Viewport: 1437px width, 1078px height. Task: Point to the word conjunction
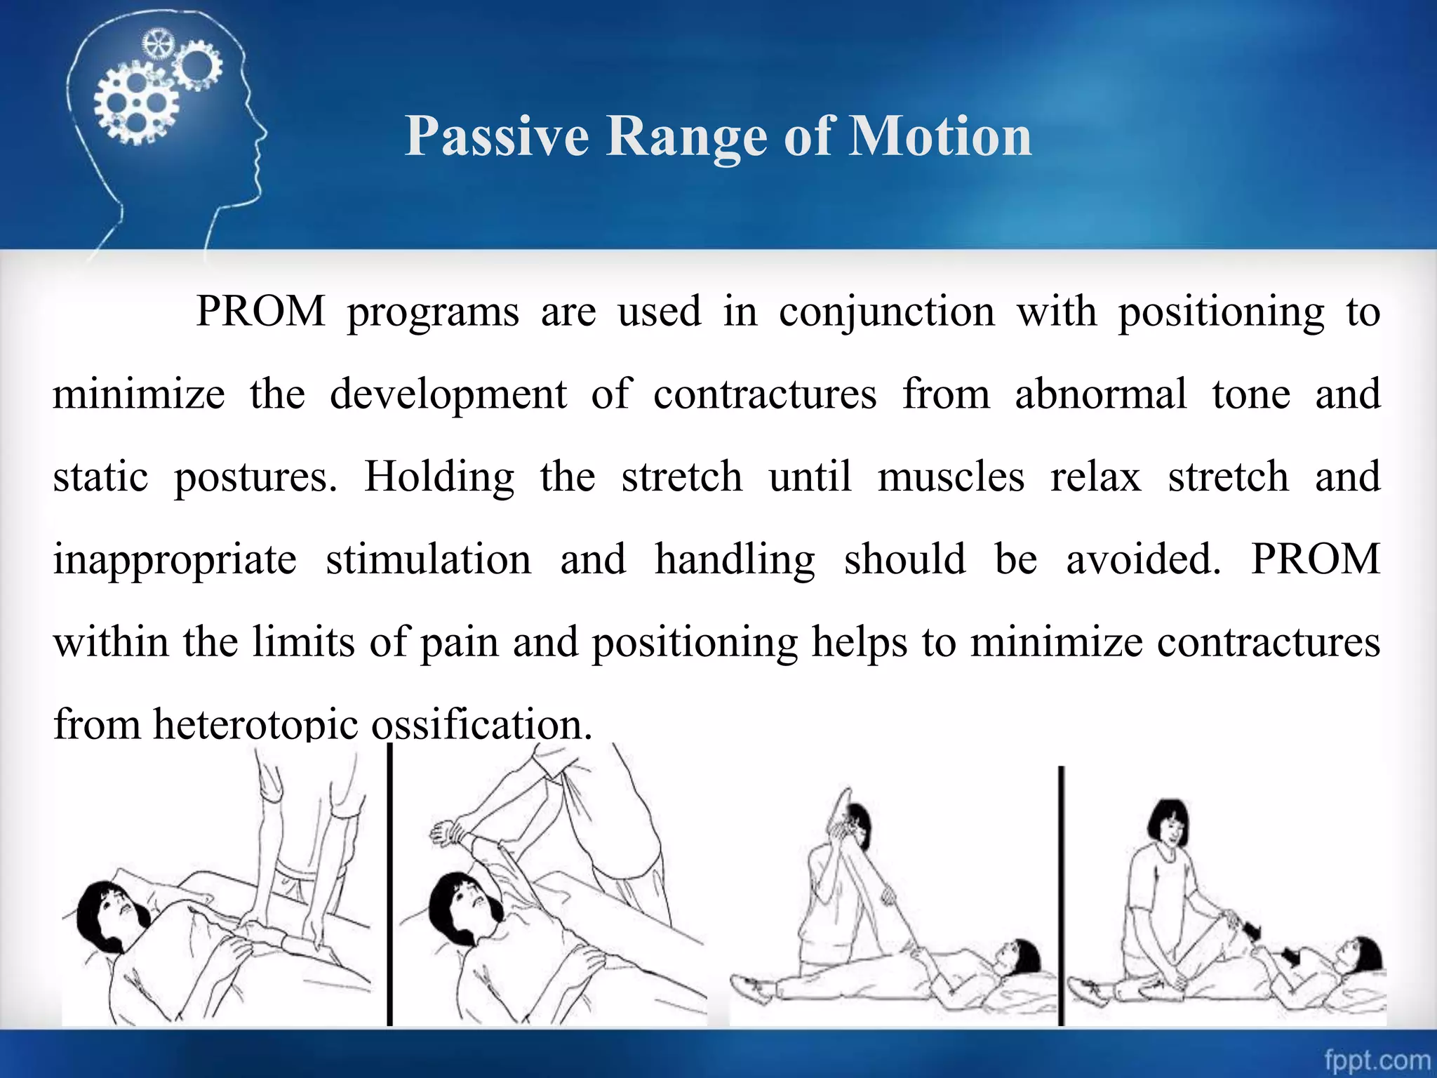coord(886,312)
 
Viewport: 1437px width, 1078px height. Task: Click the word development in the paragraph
coord(448,394)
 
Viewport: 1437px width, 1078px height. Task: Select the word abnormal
coord(1100,394)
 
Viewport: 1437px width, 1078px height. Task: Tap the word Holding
coord(439,477)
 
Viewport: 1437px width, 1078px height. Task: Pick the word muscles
coord(950,477)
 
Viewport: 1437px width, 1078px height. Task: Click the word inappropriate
coord(175,560)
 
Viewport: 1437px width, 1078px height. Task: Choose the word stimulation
coord(428,559)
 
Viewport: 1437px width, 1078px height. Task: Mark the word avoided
coord(1143,559)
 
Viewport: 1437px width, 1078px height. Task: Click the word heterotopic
coord(255,724)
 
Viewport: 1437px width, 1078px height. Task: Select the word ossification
coord(481,724)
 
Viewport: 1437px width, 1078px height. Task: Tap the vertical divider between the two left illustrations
coord(390,884)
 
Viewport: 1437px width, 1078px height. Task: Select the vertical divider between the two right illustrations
coord(1061,895)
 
